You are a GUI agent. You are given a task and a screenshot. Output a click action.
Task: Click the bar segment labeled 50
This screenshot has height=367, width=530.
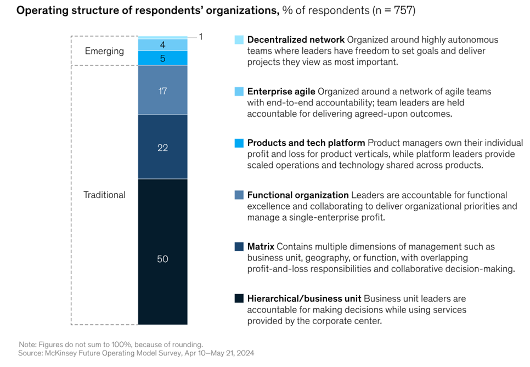click(162, 252)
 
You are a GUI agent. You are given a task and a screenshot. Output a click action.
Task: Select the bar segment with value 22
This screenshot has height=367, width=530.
click(162, 147)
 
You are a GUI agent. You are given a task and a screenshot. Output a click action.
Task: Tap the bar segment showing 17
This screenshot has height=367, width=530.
click(162, 91)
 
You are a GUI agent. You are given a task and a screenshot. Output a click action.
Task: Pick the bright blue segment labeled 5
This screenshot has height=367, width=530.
click(162, 58)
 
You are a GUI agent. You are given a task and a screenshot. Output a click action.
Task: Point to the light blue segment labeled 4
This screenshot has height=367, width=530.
click(162, 44)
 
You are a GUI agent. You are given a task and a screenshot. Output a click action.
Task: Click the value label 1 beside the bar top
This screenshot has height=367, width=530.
click(201, 37)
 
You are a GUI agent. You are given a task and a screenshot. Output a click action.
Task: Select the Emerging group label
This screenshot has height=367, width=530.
click(104, 51)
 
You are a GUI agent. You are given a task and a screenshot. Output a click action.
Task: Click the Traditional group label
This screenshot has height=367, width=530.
click(104, 195)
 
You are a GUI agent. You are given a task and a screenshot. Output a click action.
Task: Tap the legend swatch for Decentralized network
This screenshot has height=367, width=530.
click(239, 40)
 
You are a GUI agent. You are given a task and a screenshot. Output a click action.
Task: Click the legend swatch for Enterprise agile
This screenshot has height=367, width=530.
click(239, 92)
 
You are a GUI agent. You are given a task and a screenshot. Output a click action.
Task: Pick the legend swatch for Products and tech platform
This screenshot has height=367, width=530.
click(239, 143)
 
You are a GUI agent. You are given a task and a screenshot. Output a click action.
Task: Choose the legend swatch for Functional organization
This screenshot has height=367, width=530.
click(239, 195)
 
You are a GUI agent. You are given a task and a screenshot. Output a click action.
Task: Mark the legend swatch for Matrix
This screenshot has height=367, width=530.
click(239, 247)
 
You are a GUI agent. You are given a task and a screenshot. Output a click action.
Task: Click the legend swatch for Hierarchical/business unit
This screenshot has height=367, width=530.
click(239, 298)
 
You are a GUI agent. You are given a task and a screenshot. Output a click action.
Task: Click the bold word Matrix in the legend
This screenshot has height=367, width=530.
click(261, 247)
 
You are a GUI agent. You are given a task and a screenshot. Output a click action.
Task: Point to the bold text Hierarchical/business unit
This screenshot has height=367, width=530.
click(304, 298)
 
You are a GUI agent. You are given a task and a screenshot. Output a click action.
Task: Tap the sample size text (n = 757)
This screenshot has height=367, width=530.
click(392, 11)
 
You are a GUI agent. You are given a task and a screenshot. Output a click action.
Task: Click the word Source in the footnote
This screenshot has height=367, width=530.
click(31, 353)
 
